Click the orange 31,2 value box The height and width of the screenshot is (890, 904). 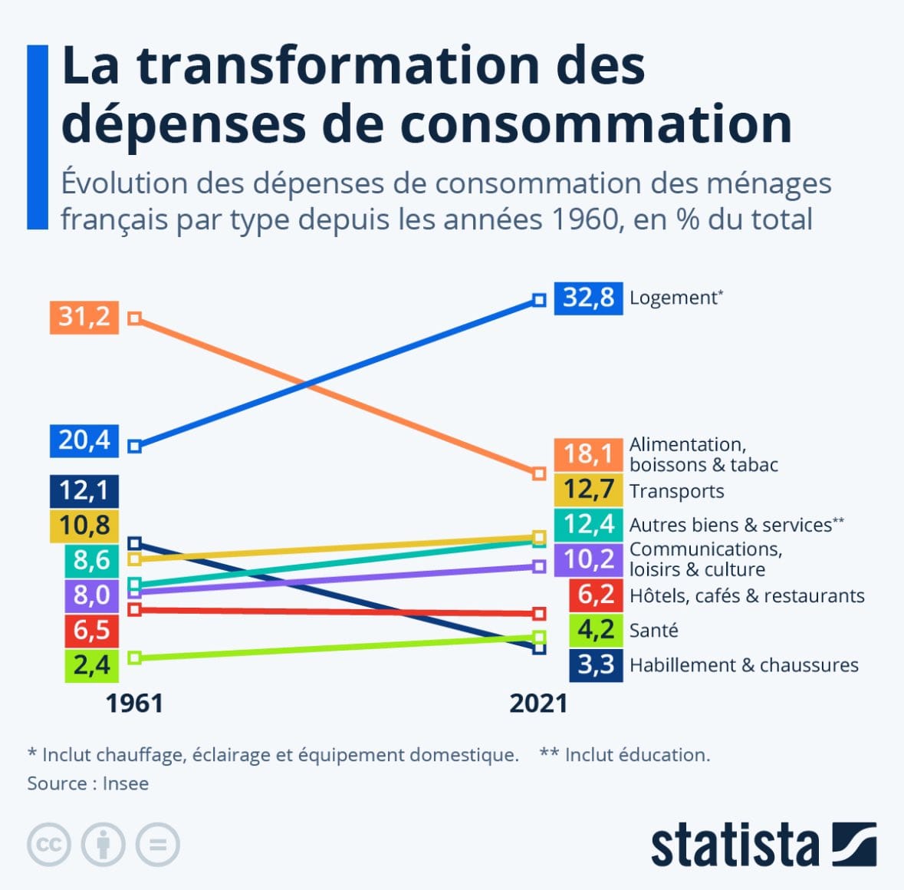coord(84,317)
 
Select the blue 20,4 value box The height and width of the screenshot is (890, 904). coord(84,440)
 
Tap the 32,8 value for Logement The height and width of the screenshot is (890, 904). coord(588,298)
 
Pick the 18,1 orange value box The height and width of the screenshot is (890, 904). coord(588,454)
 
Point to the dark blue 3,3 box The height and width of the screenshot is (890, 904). coord(595,664)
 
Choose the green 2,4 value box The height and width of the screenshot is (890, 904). coord(91,664)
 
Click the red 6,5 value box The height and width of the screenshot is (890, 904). coord(91,630)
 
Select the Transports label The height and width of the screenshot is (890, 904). coord(676,491)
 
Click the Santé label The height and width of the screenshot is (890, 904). coord(653,631)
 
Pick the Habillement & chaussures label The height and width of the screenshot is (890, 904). coord(744,665)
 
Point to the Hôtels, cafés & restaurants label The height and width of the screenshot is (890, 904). coord(747,596)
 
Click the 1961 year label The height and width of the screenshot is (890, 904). coord(134,703)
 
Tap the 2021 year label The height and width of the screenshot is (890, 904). coord(538,703)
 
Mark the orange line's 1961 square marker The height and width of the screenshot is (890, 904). coord(134,318)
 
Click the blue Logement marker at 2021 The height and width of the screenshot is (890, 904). coord(539,300)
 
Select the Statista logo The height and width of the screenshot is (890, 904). coord(763,845)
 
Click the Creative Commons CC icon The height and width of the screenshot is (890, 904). coord(49,845)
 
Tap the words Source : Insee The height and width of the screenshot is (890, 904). coord(88,783)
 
